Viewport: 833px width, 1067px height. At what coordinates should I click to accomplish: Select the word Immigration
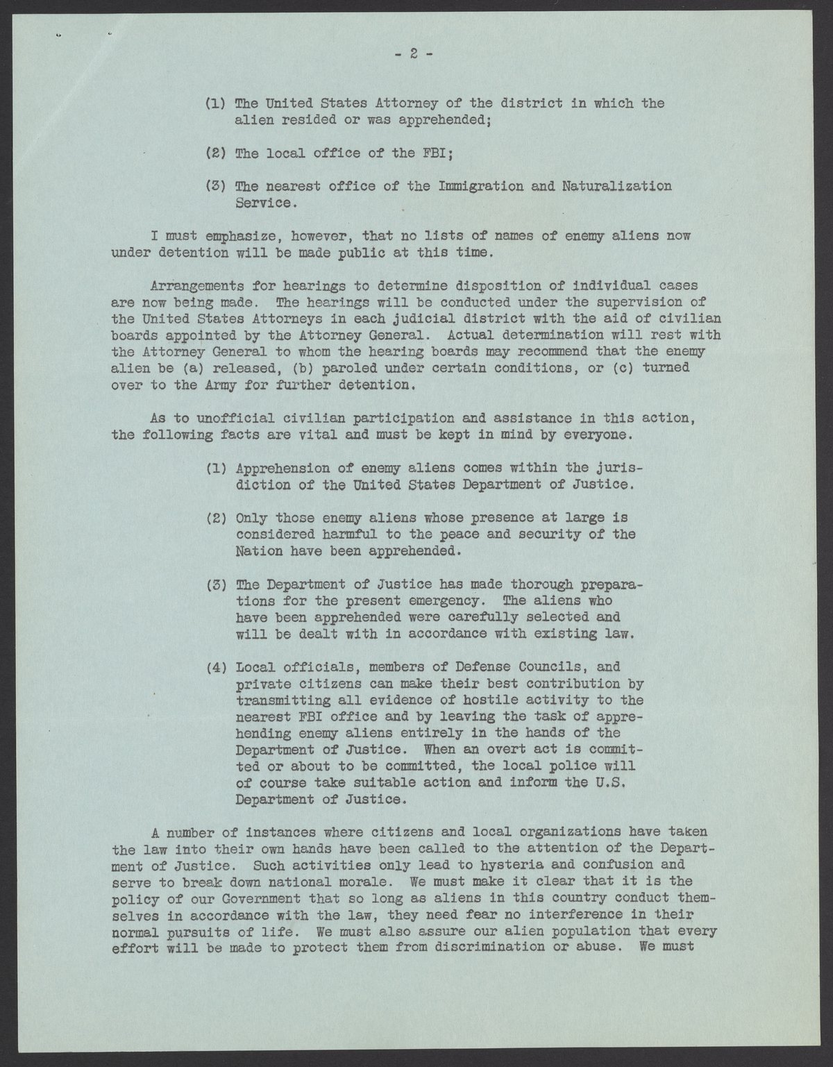tap(460, 186)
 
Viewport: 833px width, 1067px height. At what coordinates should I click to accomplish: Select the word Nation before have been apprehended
tap(259, 551)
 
